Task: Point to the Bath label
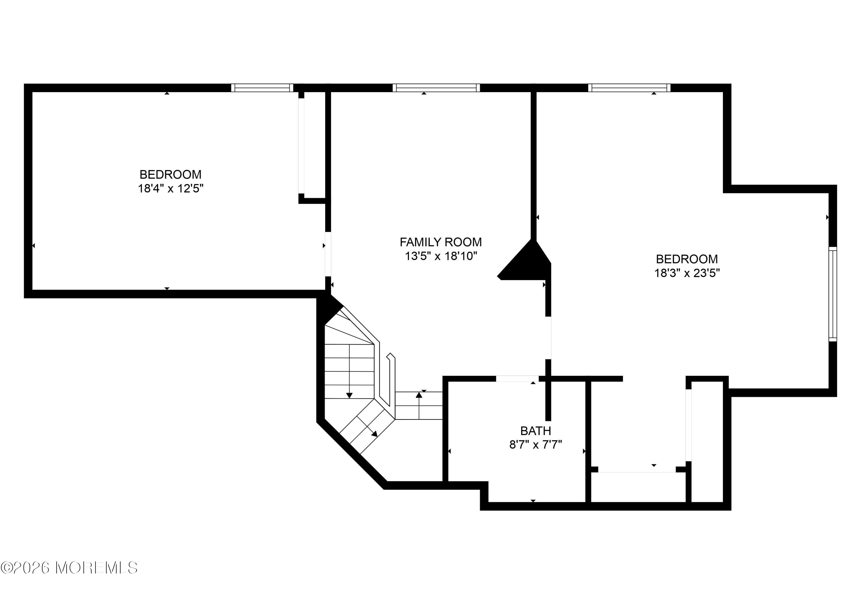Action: tap(536, 431)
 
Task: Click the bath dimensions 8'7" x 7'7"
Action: tap(536, 445)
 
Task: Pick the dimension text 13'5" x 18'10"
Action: tap(441, 256)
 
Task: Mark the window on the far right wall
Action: tap(833, 294)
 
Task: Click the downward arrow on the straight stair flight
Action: tap(349, 371)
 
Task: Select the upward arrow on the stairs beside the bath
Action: tap(419, 406)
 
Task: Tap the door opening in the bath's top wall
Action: tap(517, 379)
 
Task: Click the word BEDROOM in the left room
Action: tap(170, 174)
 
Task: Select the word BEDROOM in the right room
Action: tap(687, 259)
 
